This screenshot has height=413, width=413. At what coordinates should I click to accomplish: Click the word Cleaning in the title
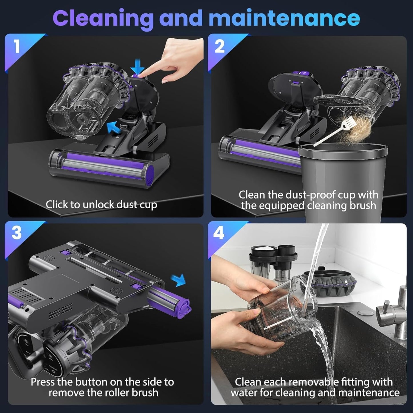pos(103,18)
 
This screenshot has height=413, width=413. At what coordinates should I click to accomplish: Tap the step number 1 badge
pos(17,46)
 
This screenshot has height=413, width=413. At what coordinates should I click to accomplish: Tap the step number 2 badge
pos(220,46)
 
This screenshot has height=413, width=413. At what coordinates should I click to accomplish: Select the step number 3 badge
pos(17,233)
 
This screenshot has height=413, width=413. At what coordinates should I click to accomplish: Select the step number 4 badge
pos(219,234)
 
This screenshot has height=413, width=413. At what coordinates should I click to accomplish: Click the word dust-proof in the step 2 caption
pos(306,195)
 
